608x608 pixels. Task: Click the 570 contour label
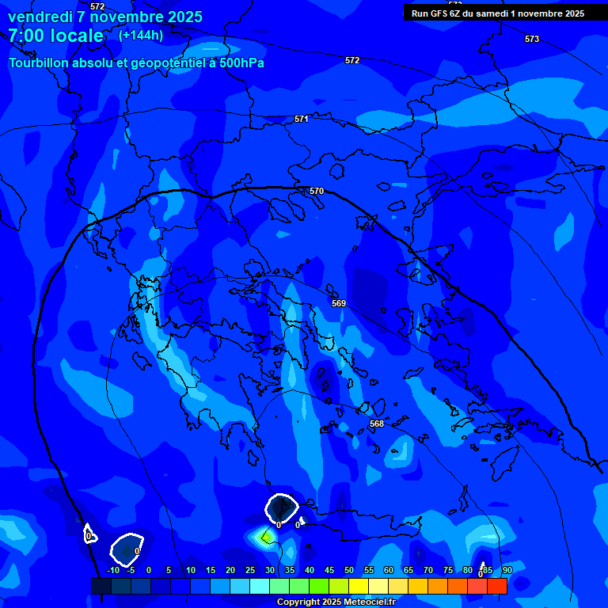point(317,191)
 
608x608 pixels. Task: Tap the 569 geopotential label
point(339,303)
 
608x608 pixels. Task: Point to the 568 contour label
point(377,424)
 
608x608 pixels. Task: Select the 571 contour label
point(302,119)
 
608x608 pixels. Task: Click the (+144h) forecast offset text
point(141,35)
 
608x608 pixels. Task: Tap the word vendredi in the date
point(39,17)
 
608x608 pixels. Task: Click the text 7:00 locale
point(55,36)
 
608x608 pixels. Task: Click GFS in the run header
point(441,13)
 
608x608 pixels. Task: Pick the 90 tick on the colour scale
point(507,570)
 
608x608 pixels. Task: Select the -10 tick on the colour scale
point(113,570)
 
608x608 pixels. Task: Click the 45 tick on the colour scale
point(329,570)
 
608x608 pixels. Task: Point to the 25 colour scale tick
point(249,570)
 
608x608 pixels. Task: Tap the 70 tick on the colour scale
point(428,570)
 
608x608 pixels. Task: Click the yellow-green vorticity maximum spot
point(266,537)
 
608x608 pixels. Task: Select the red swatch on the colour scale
point(497,586)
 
